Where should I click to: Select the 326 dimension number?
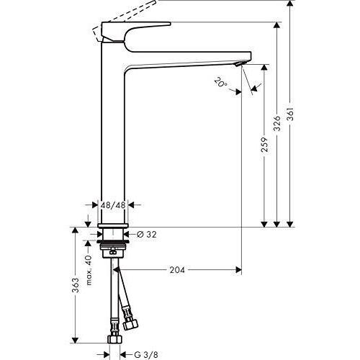pyautogui.click(x=277, y=124)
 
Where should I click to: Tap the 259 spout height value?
pyautogui.click(x=264, y=145)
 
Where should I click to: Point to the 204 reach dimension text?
pyautogui.click(x=177, y=270)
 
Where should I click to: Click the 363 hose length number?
pyautogui.click(x=76, y=285)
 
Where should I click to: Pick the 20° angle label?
pyautogui.click(x=220, y=82)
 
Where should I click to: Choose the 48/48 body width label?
pyautogui.click(x=113, y=205)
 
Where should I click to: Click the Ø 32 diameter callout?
pyautogui.click(x=146, y=234)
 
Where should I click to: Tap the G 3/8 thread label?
pyautogui.click(x=146, y=354)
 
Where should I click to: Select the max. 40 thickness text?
pyautogui.click(x=89, y=270)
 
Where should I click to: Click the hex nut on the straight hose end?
pyautogui.click(x=114, y=340)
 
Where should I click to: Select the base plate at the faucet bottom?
pyautogui.click(x=113, y=225)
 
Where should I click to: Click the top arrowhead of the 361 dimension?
pyautogui.click(x=290, y=3)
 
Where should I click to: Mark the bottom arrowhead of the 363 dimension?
pyautogui.click(x=76, y=341)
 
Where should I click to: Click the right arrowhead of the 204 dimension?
pyautogui.click(x=238, y=270)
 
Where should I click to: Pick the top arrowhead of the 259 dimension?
pyautogui.click(x=264, y=67)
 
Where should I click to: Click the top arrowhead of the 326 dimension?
pyautogui.click(x=277, y=25)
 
